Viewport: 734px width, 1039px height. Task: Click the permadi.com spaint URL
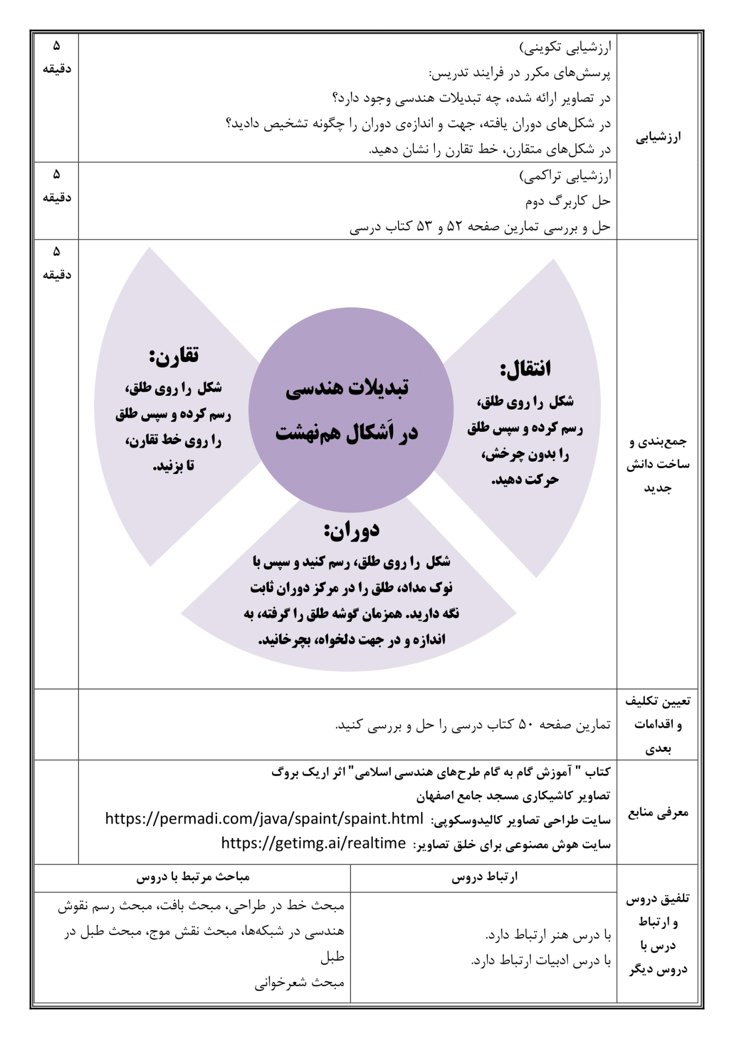coord(264,819)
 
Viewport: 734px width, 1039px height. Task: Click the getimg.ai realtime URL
coord(313,843)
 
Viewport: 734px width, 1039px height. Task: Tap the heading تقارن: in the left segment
coord(174,356)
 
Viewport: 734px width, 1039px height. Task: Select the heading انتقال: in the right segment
coord(525,369)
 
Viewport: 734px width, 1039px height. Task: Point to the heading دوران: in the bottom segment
coord(352,530)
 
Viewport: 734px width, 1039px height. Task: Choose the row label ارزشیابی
coord(658,137)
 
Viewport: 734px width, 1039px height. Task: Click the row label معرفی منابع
coord(658,812)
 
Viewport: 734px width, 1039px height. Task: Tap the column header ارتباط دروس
coord(485,877)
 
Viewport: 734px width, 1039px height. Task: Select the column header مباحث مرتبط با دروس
coord(193,877)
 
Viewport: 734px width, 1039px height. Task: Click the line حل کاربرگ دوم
coord(567,201)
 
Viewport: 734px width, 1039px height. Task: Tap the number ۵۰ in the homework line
coord(526,725)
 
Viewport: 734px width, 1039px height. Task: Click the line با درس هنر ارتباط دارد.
coord(547,935)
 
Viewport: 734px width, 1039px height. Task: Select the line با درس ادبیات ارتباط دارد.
coord(540,961)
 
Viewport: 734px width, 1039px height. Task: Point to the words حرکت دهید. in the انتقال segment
coord(525,480)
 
